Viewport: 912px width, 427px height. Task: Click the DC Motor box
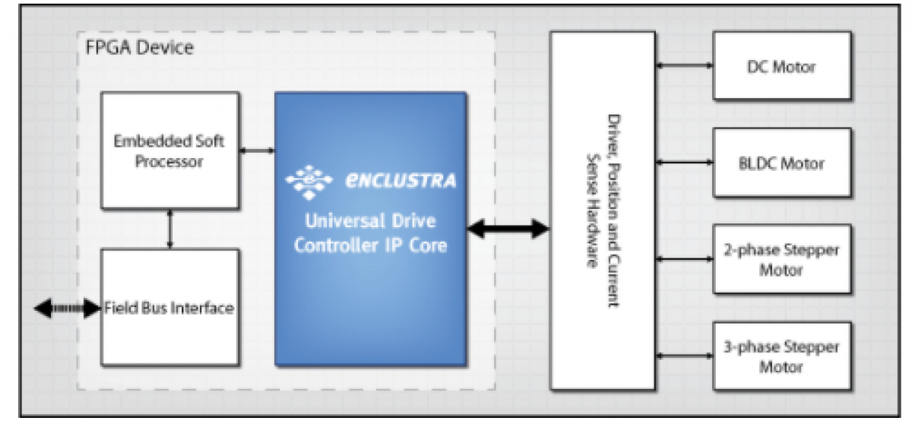[781, 65]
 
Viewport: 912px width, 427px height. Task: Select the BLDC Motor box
[781, 163]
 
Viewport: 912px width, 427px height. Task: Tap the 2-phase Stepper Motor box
[781, 260]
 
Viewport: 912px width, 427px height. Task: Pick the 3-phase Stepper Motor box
[781, 356]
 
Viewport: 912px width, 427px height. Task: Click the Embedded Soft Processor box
[169, 150]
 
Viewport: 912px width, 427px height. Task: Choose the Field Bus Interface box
[169, 307]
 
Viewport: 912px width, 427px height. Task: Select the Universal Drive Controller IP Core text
[370, 234]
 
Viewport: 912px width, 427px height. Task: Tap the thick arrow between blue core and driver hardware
[507, 227]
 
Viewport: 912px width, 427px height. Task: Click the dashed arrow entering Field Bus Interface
[68, 308]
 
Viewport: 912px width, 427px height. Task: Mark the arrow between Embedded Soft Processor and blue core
[257, 151]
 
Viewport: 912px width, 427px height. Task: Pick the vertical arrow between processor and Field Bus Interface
[169, 229]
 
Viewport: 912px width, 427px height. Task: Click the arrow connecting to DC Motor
[684, 65]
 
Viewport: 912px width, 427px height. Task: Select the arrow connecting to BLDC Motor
[684, 162]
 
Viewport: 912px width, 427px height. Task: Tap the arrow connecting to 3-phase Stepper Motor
[684, 356]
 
